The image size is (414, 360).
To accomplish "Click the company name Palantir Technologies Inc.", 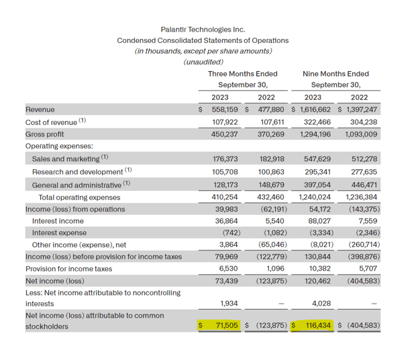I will (x=203, y=30).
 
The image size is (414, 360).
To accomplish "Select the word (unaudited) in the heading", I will (x=203, y=62).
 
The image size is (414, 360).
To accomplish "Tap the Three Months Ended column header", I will (x=242, y=74).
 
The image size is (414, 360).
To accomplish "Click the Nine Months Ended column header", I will (x=335, y=74).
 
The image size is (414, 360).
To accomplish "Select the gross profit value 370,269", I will (x=272, y=134).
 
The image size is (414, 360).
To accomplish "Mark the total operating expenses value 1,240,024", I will (x=311, y=197).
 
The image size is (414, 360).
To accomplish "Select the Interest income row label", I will (x=58, y=220).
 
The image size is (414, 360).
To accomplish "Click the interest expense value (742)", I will (x=231, y=232).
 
